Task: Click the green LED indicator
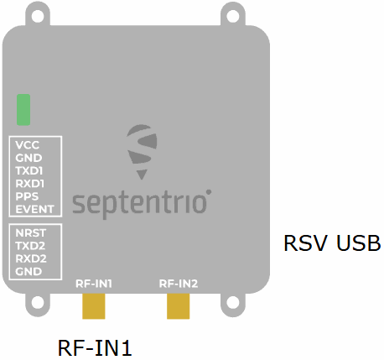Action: click(x=23, y=110)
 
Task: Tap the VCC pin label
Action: click(x=27, y=145)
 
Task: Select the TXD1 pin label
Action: click(x=29, y=170)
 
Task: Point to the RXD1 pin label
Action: click(x=29, y=184)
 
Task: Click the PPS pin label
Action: click(x=27, y=196)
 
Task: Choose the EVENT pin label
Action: click(x=34, y=209)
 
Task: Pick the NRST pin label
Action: click(x=30, y=232)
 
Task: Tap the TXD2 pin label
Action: click(x=30, y=246)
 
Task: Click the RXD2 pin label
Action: click(x=31, y=258)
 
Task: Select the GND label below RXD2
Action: click(x=29, y=271)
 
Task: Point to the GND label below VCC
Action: click(x=29, y=158)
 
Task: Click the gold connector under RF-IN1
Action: click(x=94, y=306)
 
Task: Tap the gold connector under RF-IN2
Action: click(x=179, y=306)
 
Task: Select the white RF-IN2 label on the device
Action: click(x=179, y=284)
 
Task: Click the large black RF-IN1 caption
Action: click(x=95, y=347)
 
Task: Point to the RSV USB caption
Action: click(x=332, y=243)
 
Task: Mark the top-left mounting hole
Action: click(x=38, y=16)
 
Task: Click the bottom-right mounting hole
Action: click(x=233, y=302)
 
